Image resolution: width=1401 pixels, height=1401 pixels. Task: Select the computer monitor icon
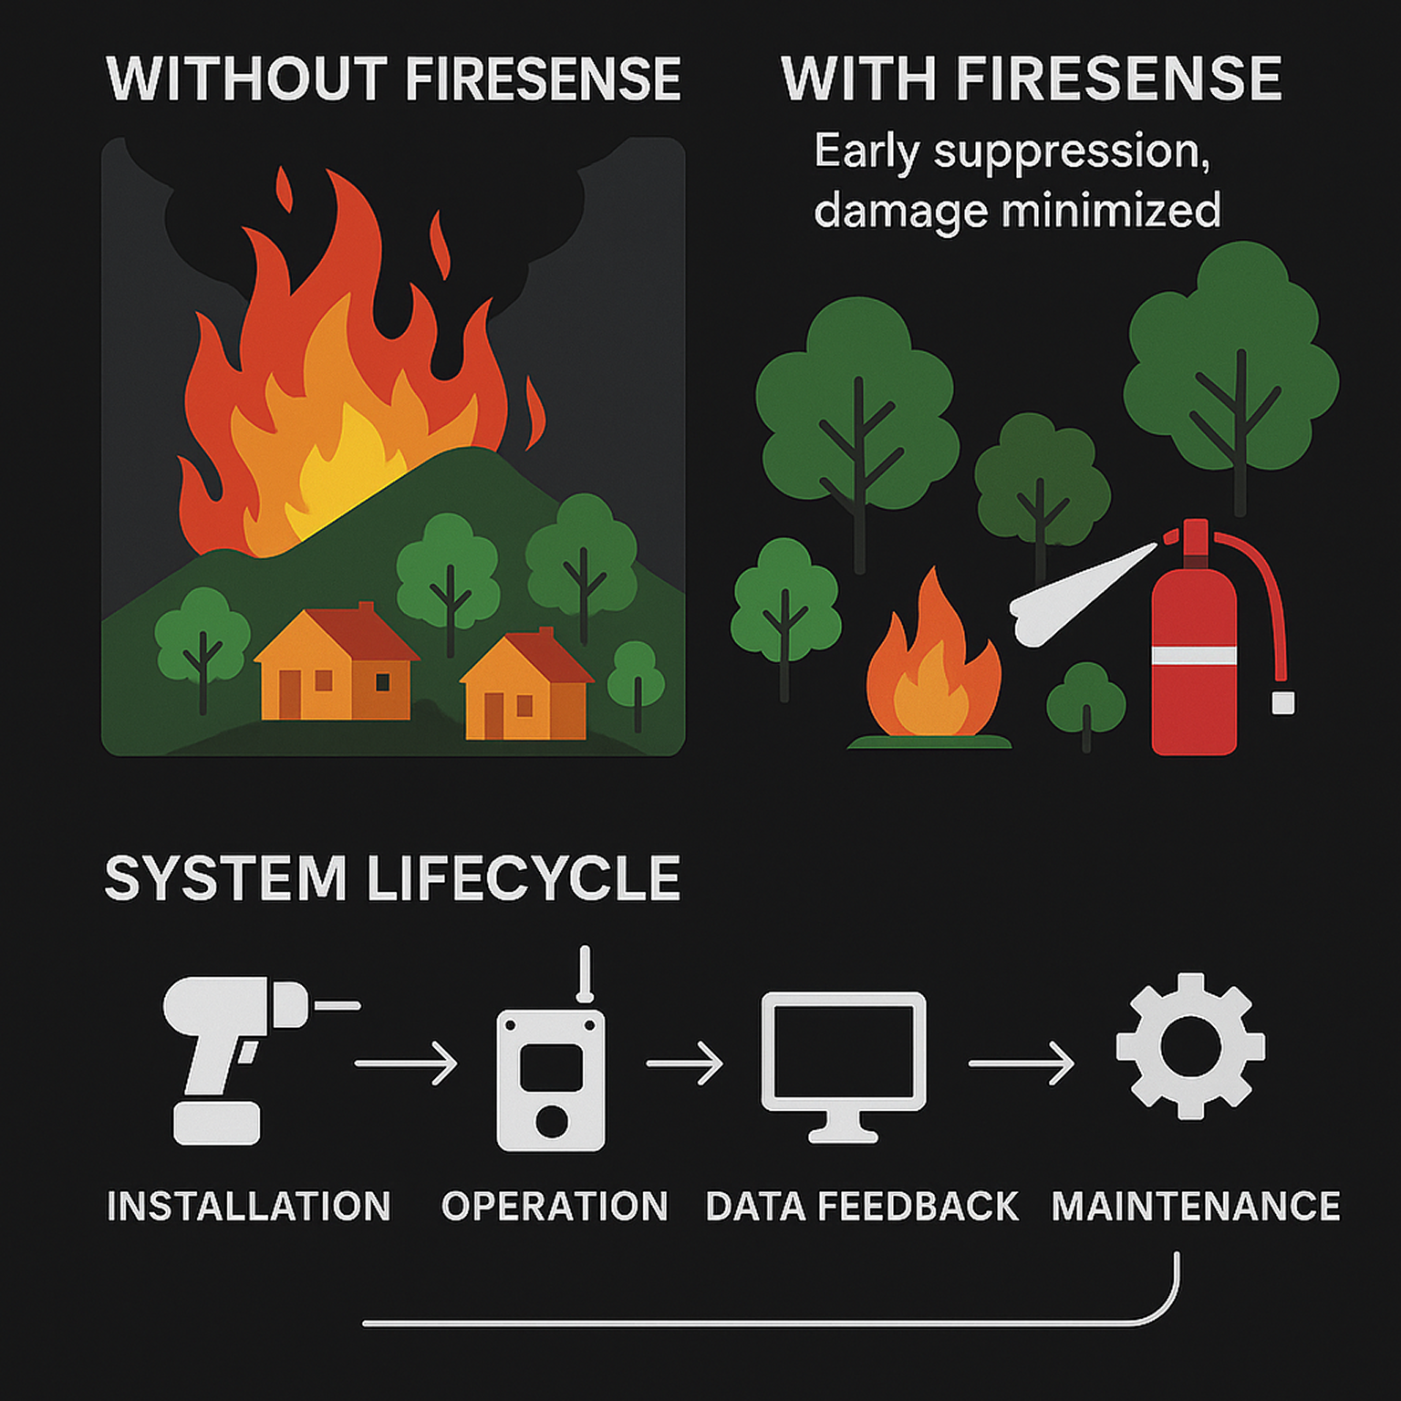pyautogui.click(x=843, y=1058)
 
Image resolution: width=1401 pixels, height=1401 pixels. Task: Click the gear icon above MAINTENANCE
pyautogui.click(x=1190, y=1046)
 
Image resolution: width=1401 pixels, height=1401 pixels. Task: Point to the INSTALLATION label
pyautogui.click(x=248, y=1206)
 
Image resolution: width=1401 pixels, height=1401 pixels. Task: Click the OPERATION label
pyautogui.click(x=555, y=1206)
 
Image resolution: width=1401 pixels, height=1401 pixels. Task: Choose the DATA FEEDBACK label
pyautogui.click(x=862, y=1206)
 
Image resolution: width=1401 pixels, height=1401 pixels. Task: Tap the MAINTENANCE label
pyautogui.click(x=1196, y=1206)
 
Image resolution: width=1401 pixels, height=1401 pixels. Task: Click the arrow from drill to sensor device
pyautogui.click(x=406, y=1064)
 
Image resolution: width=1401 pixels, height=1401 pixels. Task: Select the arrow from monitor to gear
pyautogui.click(x=1021, y=1064)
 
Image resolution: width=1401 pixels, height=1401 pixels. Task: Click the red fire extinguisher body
pyautogui.click(x=1193, y=702)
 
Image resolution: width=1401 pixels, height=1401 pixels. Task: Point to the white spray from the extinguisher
pyautogui.click(x=1076, y=593)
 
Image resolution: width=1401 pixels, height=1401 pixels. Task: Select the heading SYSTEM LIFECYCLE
pyautogui.click(x=392, y=878)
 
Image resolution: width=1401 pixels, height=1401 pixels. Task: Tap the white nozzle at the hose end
pyautogui.click(x=1283, y=702)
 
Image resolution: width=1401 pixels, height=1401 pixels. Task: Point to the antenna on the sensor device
pyautogui.click(x=585, y=974)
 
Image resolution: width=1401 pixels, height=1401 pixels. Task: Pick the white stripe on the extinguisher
pyautogui.click(x=1193, y=655)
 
